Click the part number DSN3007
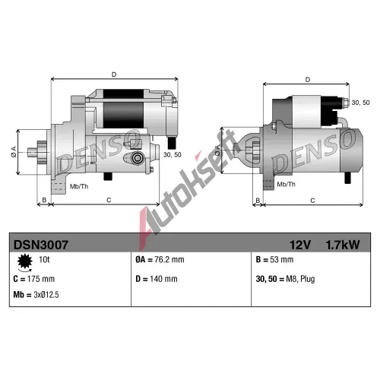click(x=41, y=245)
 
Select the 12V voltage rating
click(x=300, y=245)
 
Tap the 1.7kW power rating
click(x=342, y=245)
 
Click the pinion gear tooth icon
click(x=25, y=261)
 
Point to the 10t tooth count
click(x=44, y=259)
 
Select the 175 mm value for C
click(x=41, y=279)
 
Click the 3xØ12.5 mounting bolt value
click(x=46, y=295)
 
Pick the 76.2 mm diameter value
click(x=169, y=259)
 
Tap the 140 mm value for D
click(x=163, y=279)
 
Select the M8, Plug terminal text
click(x=300, y=279)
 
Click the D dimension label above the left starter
click(x=114, y=74)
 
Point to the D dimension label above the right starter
click(x=308, y=80)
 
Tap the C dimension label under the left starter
click(x=109, y=200)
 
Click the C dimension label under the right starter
click(x=312, y=201)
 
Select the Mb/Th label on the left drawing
click(x=79, y=186)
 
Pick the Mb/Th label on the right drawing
click(x=287, y=184)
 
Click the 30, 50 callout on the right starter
click(x=360, y=103)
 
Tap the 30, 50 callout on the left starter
click(x=173, y=154)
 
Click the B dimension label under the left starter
click(x=44, y=200)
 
